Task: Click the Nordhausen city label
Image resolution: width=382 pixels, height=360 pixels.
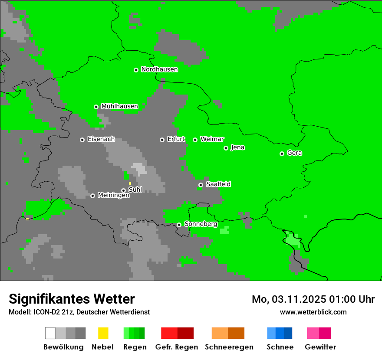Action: tap(159, 69)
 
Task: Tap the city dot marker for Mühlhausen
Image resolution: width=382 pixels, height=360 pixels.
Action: tap(96, 107)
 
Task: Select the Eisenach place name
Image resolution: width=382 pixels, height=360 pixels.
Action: tap(101, 139)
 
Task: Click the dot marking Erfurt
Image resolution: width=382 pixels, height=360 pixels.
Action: tap(162, 140)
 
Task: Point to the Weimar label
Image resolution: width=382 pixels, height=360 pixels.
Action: tap(212, 139)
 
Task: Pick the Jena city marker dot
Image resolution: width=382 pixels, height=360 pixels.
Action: tap(226, 148)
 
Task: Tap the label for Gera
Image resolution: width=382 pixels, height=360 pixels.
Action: tap(294, 153)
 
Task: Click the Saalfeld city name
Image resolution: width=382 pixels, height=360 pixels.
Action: tap(218, 184)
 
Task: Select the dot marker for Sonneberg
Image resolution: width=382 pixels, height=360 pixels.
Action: tap(179, 225)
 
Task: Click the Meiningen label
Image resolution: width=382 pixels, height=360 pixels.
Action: tap(114, 196)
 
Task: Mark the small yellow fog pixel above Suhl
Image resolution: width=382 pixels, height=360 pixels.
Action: tap(130, 183)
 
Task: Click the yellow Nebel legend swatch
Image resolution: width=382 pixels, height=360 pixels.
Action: tap(103, 333)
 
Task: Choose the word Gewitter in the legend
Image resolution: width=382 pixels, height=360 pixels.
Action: tap(320, 347)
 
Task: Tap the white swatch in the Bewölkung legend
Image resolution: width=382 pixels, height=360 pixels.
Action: tap(50, 333)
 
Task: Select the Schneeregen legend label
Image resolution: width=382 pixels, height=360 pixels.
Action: tap(229, 347)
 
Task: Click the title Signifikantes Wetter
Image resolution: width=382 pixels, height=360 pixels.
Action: tap(72, 299)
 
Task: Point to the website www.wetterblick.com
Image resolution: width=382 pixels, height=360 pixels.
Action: tap(313, 312)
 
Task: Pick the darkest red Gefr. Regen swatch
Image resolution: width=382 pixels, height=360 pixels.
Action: tap(185, 333)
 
